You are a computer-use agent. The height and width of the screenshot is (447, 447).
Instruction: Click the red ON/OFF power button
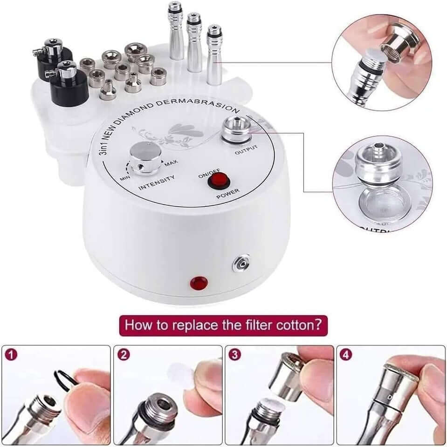pos(215,181)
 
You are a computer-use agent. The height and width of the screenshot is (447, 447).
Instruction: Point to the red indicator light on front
pos(199,283)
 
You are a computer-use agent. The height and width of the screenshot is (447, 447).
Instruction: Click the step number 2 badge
pos(124,355)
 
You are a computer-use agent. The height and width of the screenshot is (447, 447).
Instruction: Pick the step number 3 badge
pos(235,355)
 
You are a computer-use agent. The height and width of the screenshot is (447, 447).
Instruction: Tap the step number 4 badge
pos(346,355)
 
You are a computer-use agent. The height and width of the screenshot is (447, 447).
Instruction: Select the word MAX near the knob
pos(170,164)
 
